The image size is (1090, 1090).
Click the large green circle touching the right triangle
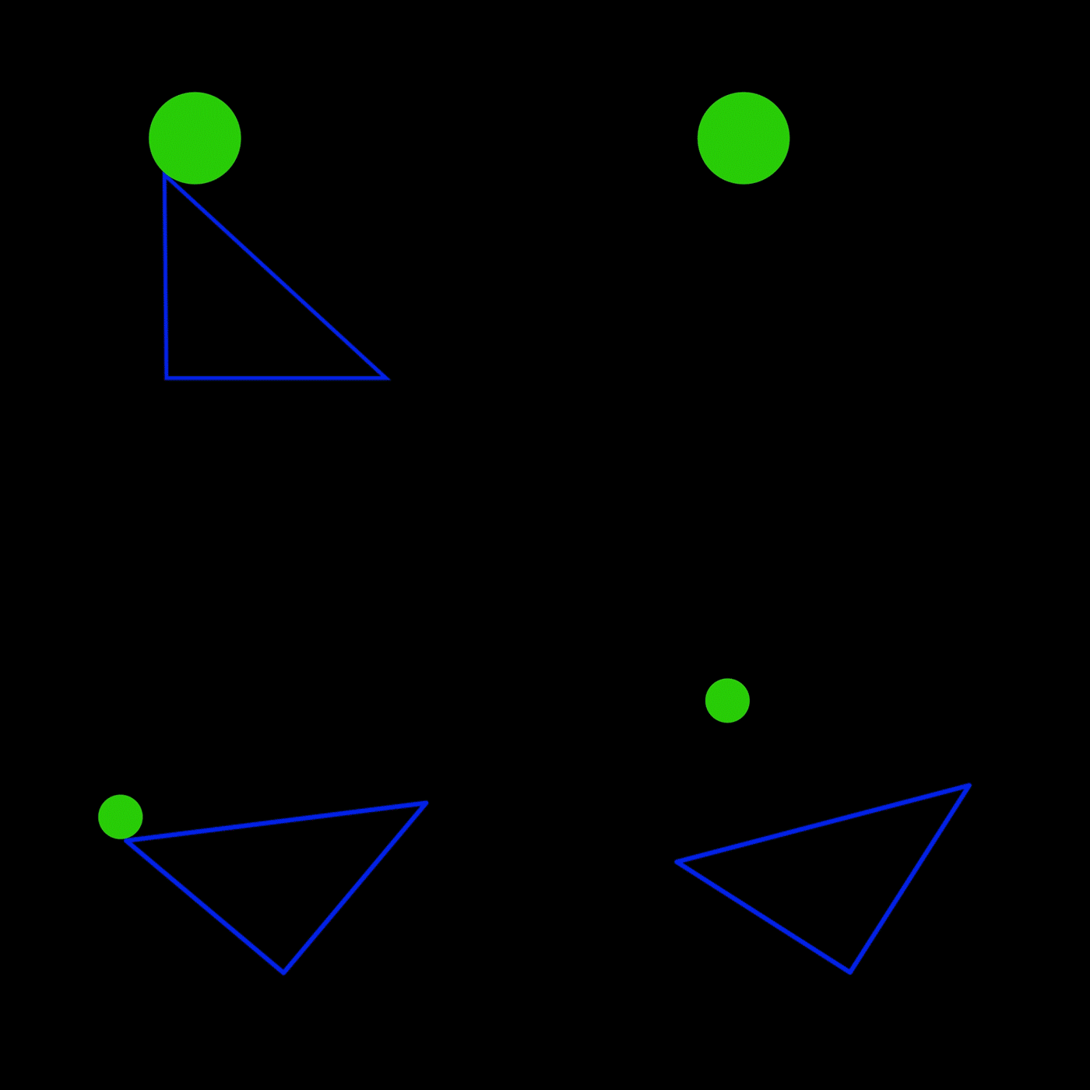click(x=195, y=138)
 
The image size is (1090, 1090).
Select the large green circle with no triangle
click(x=744, y=138)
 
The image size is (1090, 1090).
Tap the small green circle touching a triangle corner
click(x=121, y=817)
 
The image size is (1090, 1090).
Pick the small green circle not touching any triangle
click(x=727, y=701)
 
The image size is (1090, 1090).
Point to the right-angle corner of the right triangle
click(x=167, y=378)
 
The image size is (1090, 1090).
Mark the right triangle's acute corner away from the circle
click(x=386, y=378)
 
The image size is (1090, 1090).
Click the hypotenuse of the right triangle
click(x=276, y=277)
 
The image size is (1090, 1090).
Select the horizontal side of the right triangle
click(x=276, y=378)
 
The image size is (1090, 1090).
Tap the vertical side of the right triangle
click(x=166, y=277)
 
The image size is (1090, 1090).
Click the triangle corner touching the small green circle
click(x=127, y=841)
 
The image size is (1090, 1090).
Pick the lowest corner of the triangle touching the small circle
click(x=283, y=972)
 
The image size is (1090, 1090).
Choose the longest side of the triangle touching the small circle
click(x=276, y=821)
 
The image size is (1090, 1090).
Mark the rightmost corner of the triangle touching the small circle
click(x=427, y=803)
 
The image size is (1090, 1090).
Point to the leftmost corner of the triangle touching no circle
click(x=677, y=862)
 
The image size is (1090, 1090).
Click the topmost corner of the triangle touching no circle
click(x=969, y=786)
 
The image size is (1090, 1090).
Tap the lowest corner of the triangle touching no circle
click(x=849, y=972)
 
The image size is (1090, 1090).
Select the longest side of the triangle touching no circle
click(x=823, y=824)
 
